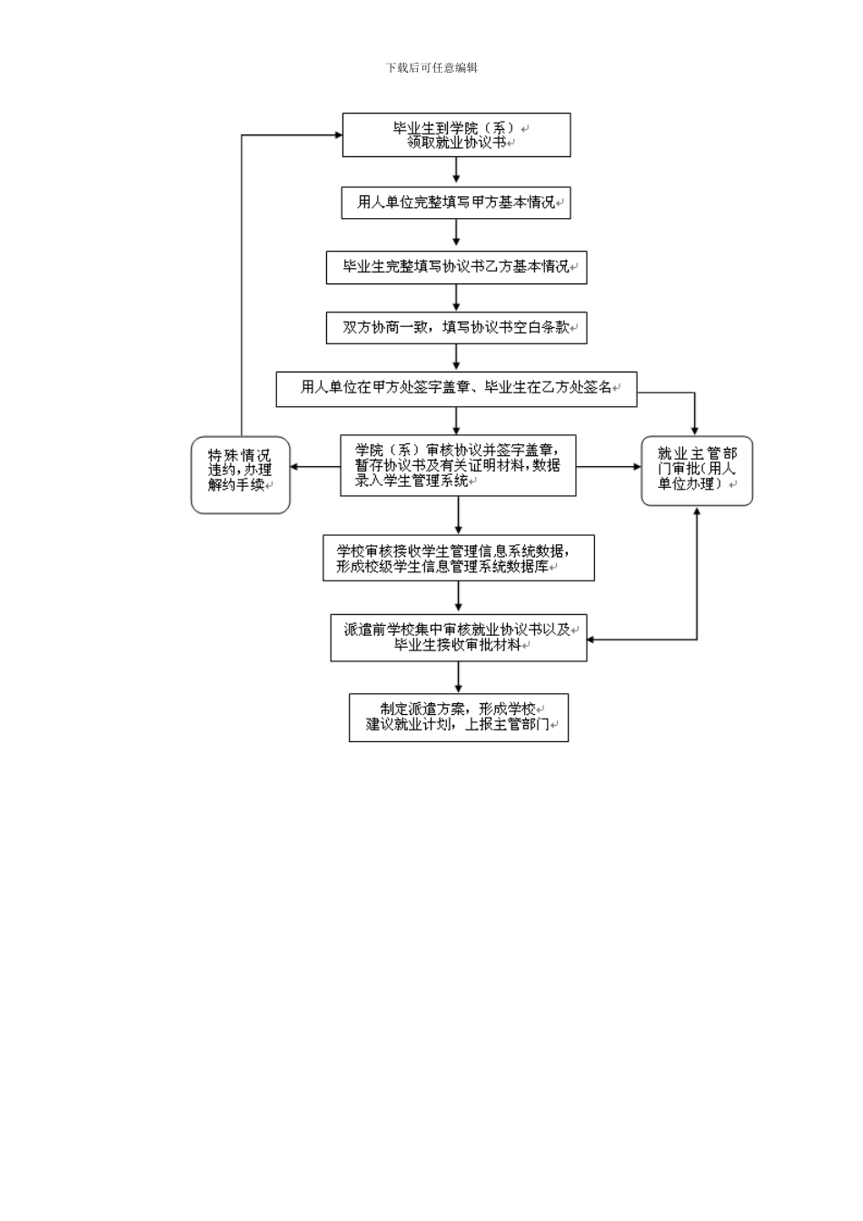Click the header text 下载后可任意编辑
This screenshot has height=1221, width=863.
(431, 67)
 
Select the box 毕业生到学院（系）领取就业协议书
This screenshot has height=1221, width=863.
(456, 134)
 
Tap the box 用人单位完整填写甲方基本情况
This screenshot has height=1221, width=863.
(456, 202)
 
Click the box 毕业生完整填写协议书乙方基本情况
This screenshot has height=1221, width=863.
(456, 267)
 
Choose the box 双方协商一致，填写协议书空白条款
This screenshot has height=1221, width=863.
(456, 327)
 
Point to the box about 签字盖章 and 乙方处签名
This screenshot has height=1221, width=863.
(456, 388)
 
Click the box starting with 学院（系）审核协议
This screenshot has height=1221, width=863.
(458, 465)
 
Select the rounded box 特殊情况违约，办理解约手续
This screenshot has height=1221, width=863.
(240, 474)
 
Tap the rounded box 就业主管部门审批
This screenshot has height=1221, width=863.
(697, 470)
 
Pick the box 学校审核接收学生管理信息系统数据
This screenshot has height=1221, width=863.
(458, 558)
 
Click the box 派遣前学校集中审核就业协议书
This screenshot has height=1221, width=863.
(458, 637)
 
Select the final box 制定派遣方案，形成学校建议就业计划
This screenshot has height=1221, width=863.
(458, 718)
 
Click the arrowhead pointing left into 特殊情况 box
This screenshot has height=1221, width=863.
(295, 467)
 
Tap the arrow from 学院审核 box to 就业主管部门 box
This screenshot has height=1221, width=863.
(609, 467)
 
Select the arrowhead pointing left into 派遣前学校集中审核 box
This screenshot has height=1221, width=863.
(592, 639)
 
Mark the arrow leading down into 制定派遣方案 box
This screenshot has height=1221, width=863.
(458, 678)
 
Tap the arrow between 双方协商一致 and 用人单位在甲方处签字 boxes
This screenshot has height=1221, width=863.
(456, 357)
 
